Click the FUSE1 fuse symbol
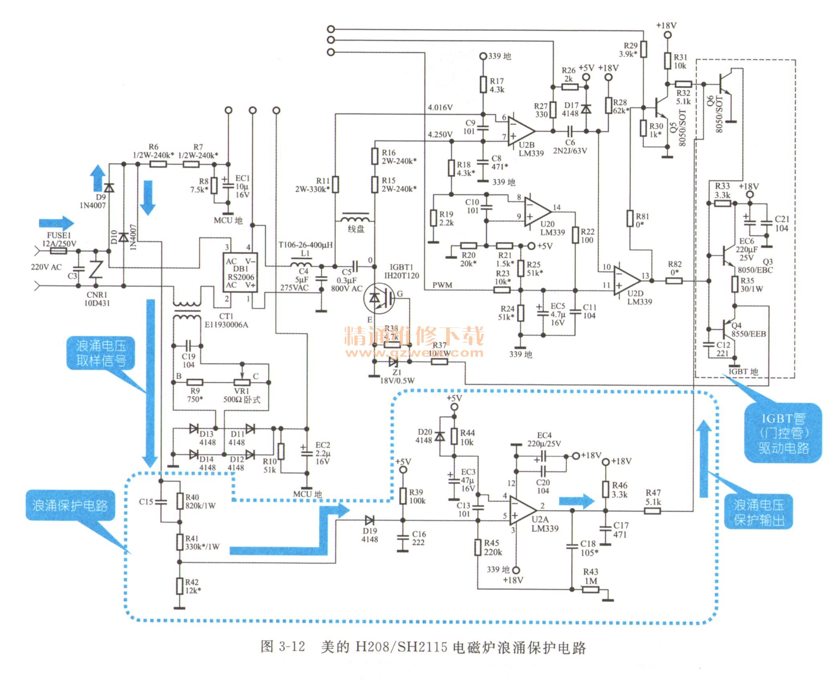coord(59,251)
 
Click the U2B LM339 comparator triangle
coord(520,131)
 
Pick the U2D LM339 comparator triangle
coord(627,280)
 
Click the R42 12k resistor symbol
coord(180,586)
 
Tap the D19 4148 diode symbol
coord(369,521)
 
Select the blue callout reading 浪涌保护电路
coord(70,505)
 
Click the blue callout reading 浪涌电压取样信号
coord(101,353)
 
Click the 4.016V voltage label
coord(440,107)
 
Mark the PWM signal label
coord(442,285)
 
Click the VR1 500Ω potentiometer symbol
coord(242,382)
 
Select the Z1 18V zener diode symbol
coord(393,362)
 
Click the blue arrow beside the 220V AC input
coord(57,223)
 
